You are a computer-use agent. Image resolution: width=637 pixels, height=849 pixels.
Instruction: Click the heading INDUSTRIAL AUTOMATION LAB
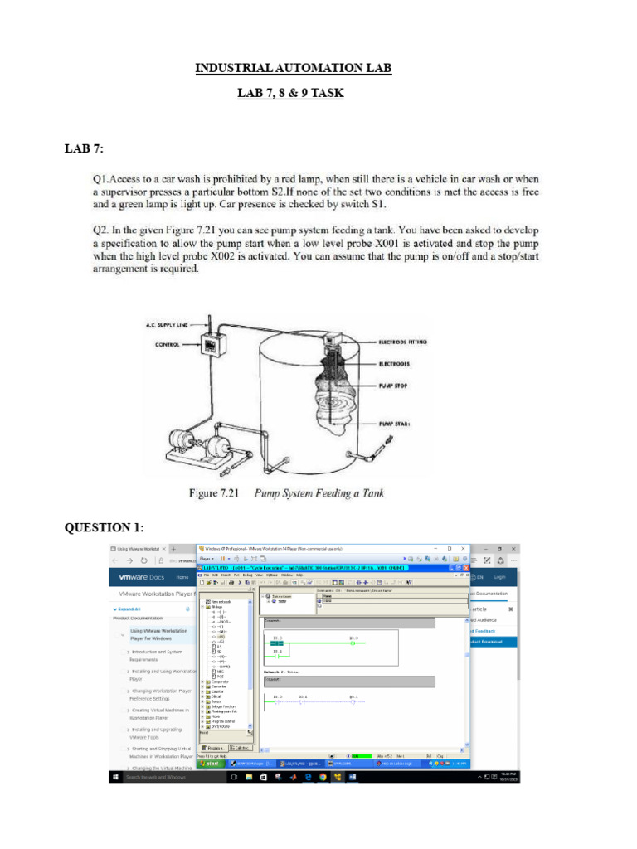click(293, 68)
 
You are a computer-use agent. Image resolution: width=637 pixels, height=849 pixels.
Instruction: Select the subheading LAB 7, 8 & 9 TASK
click(290, 94)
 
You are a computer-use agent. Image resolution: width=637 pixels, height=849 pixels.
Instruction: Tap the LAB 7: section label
click(84, 149)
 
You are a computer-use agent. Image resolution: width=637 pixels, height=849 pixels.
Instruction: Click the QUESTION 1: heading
click(105, 528)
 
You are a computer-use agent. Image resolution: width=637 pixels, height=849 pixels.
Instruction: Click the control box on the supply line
click(213, 343)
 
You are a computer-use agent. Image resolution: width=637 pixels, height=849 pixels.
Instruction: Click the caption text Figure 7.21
click(214, 493)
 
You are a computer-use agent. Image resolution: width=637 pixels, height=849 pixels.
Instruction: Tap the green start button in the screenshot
click(211, 764)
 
